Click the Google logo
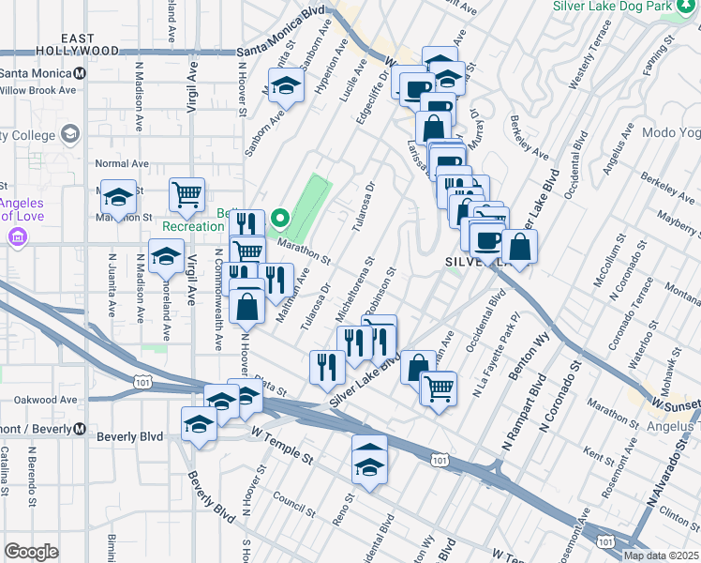[31, 552]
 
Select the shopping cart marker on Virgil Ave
[186, 194]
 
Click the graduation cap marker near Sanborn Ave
[287, 85]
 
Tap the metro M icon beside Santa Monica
[82, 73]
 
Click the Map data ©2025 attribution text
[661, 555]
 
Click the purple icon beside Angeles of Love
[17, 238]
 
